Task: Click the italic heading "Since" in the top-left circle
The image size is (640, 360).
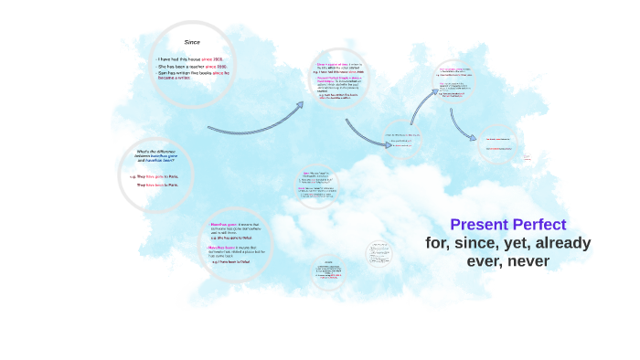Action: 192,42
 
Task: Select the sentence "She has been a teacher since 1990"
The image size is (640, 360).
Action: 192,68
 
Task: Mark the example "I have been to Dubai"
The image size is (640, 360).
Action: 231,262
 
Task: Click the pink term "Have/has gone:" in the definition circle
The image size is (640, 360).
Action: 224,223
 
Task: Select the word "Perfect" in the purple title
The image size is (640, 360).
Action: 540,225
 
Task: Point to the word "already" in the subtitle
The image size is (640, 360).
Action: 562,243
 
